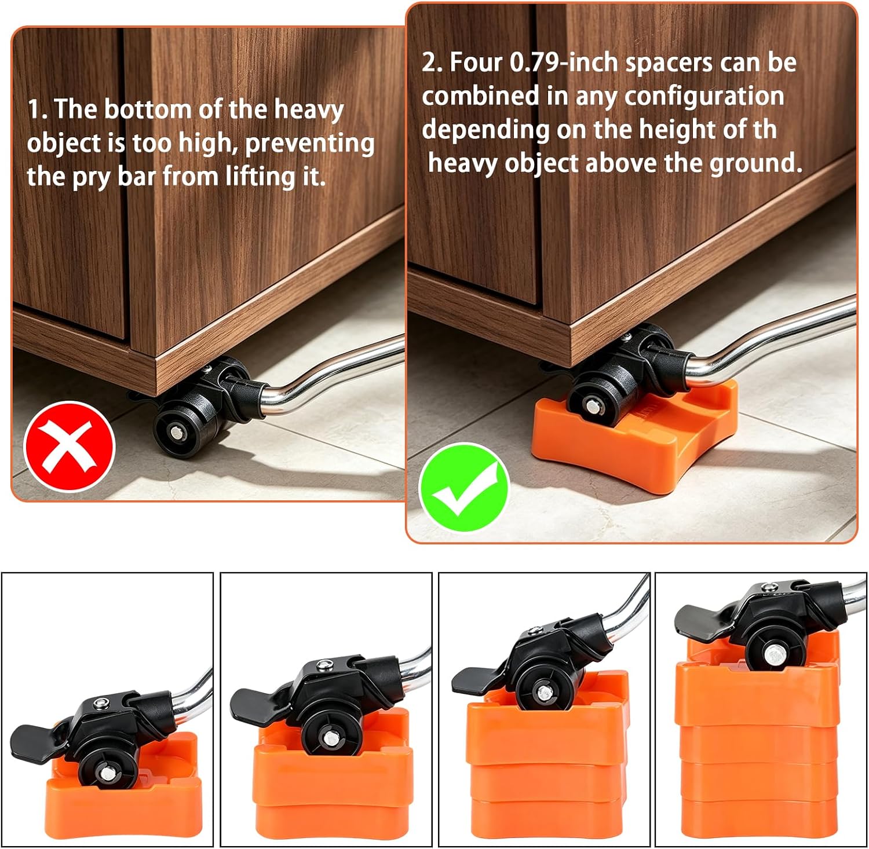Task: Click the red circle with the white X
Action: [x=70, y=447]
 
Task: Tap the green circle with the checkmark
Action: [x=464, y=487]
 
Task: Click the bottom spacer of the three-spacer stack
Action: [x=547, y=818]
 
